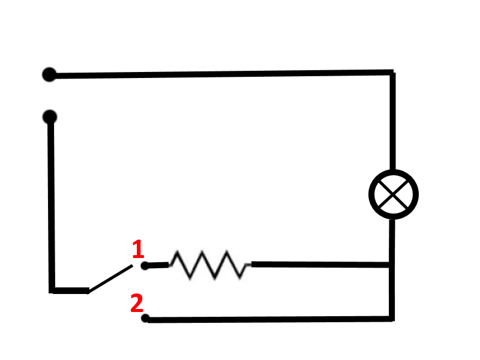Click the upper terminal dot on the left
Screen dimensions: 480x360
pyautogui.click(x=49, y=74)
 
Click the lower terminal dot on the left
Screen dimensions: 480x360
pyautogui.click(x=50, y=116)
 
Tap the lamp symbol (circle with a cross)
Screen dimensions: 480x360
pyautogui.click(x=393, y=194)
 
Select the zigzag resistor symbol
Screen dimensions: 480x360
pyautogui.click(x=209, y=265)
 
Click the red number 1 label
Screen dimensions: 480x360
pyautogui.click(x=138, y=249)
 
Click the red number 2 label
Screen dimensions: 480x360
pyautogui.click(x=137, y=303)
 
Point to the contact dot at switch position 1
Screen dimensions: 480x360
pyautogui.click(x=145, y=265)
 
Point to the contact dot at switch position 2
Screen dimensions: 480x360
pyautogui.click(x=145, y=318)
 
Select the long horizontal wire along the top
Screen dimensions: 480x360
pyautogui.click(x=222, y=74)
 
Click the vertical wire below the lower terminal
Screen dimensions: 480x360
pyautogui.click(x=52, y=204)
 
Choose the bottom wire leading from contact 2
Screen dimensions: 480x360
pyautogui.click(x=270, y=319)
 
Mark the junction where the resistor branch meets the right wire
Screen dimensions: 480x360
pyautogui.click(x=393, y=264)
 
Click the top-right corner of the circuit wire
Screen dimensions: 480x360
pyautogui.click(x=393, y=73)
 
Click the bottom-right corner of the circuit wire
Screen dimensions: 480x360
pyautogui.click(x=393, y=319)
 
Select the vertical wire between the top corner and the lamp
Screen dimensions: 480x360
pyautogui.click(x=393, y=120)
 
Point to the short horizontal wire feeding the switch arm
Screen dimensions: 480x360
pyautogui.click(x=71, y=290)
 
